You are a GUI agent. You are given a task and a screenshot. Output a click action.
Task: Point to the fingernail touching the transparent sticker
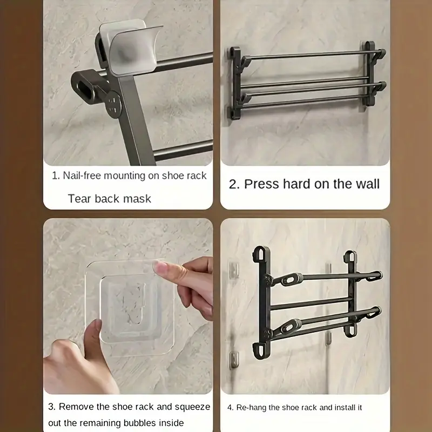[160, 267]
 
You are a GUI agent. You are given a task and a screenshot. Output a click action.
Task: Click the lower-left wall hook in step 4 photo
[234, 360]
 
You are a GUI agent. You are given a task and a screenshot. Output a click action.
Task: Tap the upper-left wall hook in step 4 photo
[234, 269]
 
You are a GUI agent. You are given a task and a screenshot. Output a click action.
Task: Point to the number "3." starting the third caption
[52, 407]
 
